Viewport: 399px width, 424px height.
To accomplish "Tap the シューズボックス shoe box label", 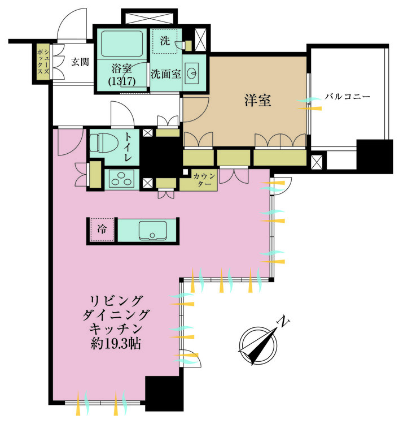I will coord(42,63).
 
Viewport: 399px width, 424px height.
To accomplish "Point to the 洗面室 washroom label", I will coord(165,74).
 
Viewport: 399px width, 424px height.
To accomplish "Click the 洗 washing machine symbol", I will coord(165,41).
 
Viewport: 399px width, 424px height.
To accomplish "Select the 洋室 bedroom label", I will coord(258,101).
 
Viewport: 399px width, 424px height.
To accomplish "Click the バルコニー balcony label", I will coord(347,96).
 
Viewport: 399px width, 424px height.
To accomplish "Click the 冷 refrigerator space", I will coord(102,231).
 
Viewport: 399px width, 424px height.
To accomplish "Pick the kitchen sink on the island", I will coord(151,231).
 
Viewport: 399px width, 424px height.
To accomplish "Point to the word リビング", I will coord(116,300).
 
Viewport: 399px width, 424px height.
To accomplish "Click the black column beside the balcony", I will coord(375,156).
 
